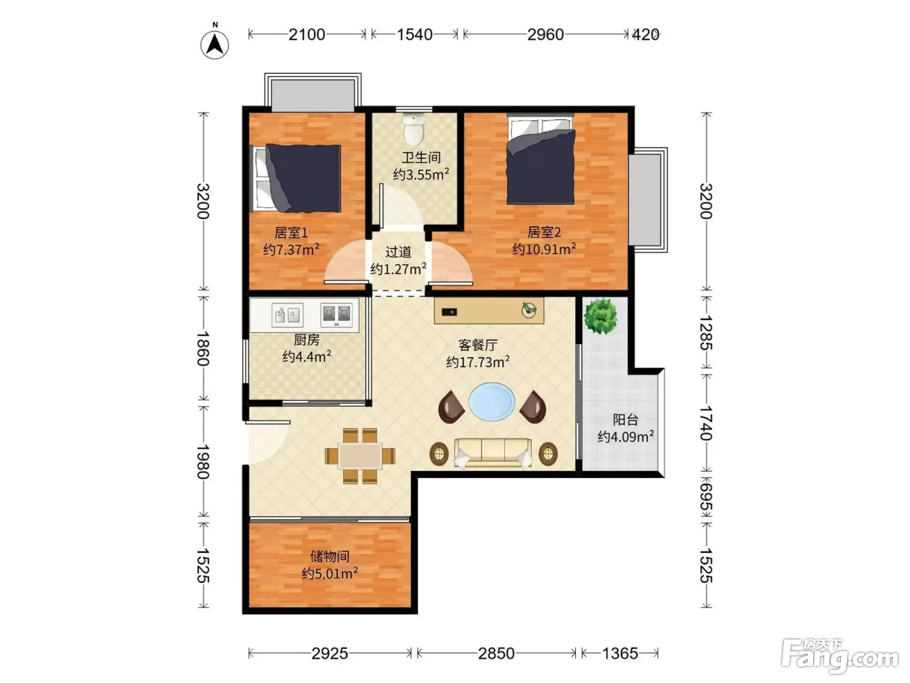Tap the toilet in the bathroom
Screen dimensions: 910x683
414,127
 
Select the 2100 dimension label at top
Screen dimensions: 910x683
307,34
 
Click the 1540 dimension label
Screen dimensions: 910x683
415,34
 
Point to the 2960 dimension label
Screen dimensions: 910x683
545,34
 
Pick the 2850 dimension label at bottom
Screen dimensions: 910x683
496,653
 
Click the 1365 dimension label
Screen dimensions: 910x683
620,653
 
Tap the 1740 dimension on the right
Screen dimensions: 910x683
706,423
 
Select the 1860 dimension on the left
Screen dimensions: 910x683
203,349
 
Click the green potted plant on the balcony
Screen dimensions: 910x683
601,316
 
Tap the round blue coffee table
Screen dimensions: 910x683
491,401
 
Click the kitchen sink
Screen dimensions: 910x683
287,315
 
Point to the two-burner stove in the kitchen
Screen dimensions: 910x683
337,315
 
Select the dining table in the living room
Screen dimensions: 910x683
360,456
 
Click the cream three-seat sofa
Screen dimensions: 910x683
493,453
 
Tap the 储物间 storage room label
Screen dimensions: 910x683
330,556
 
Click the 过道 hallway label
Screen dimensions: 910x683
398,252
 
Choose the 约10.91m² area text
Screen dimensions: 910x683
544,249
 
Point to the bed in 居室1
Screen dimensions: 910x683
297,178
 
